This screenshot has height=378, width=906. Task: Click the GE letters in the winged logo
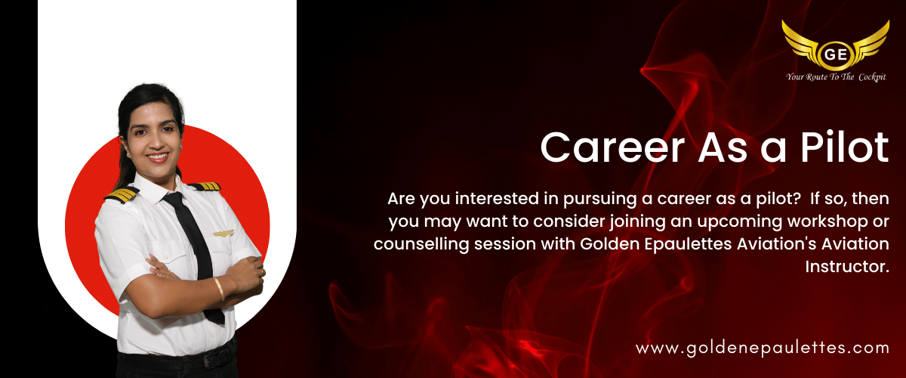point(836,54)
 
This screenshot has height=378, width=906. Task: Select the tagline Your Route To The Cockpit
point(836,77)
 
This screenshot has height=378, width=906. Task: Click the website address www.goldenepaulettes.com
point(763,349)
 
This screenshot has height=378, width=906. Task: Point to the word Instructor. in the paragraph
point(847,267)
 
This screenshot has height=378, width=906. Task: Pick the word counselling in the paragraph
point(421,245)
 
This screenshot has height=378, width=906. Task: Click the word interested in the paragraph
point(499,199)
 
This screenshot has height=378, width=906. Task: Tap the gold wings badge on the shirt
point(223,234)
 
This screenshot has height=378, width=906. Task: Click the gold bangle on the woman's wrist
point(220,289)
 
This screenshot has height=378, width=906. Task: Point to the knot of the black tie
point(174,199)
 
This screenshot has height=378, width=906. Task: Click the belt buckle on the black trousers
point(211,358)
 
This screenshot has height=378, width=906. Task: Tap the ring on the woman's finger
point(262,272)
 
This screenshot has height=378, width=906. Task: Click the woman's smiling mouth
point(158,157)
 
